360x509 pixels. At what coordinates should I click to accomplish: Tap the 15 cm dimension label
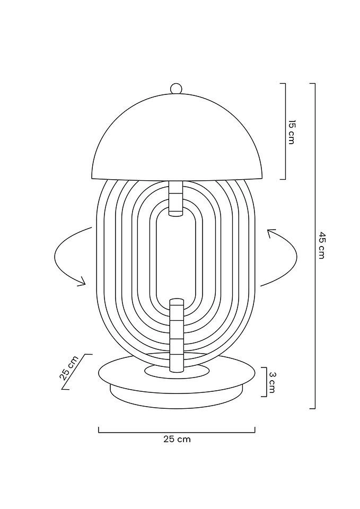tap(291, 132)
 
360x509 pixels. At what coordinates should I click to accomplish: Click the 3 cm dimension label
tap(272, 382)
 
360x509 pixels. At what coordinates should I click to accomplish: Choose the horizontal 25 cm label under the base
tap(177, 439)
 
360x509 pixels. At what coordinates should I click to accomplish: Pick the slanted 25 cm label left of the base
tap(69, 367)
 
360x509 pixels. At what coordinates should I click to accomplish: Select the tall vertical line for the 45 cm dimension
tap(315, 245)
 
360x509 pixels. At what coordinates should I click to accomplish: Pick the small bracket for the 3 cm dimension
tap(265, 382)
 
